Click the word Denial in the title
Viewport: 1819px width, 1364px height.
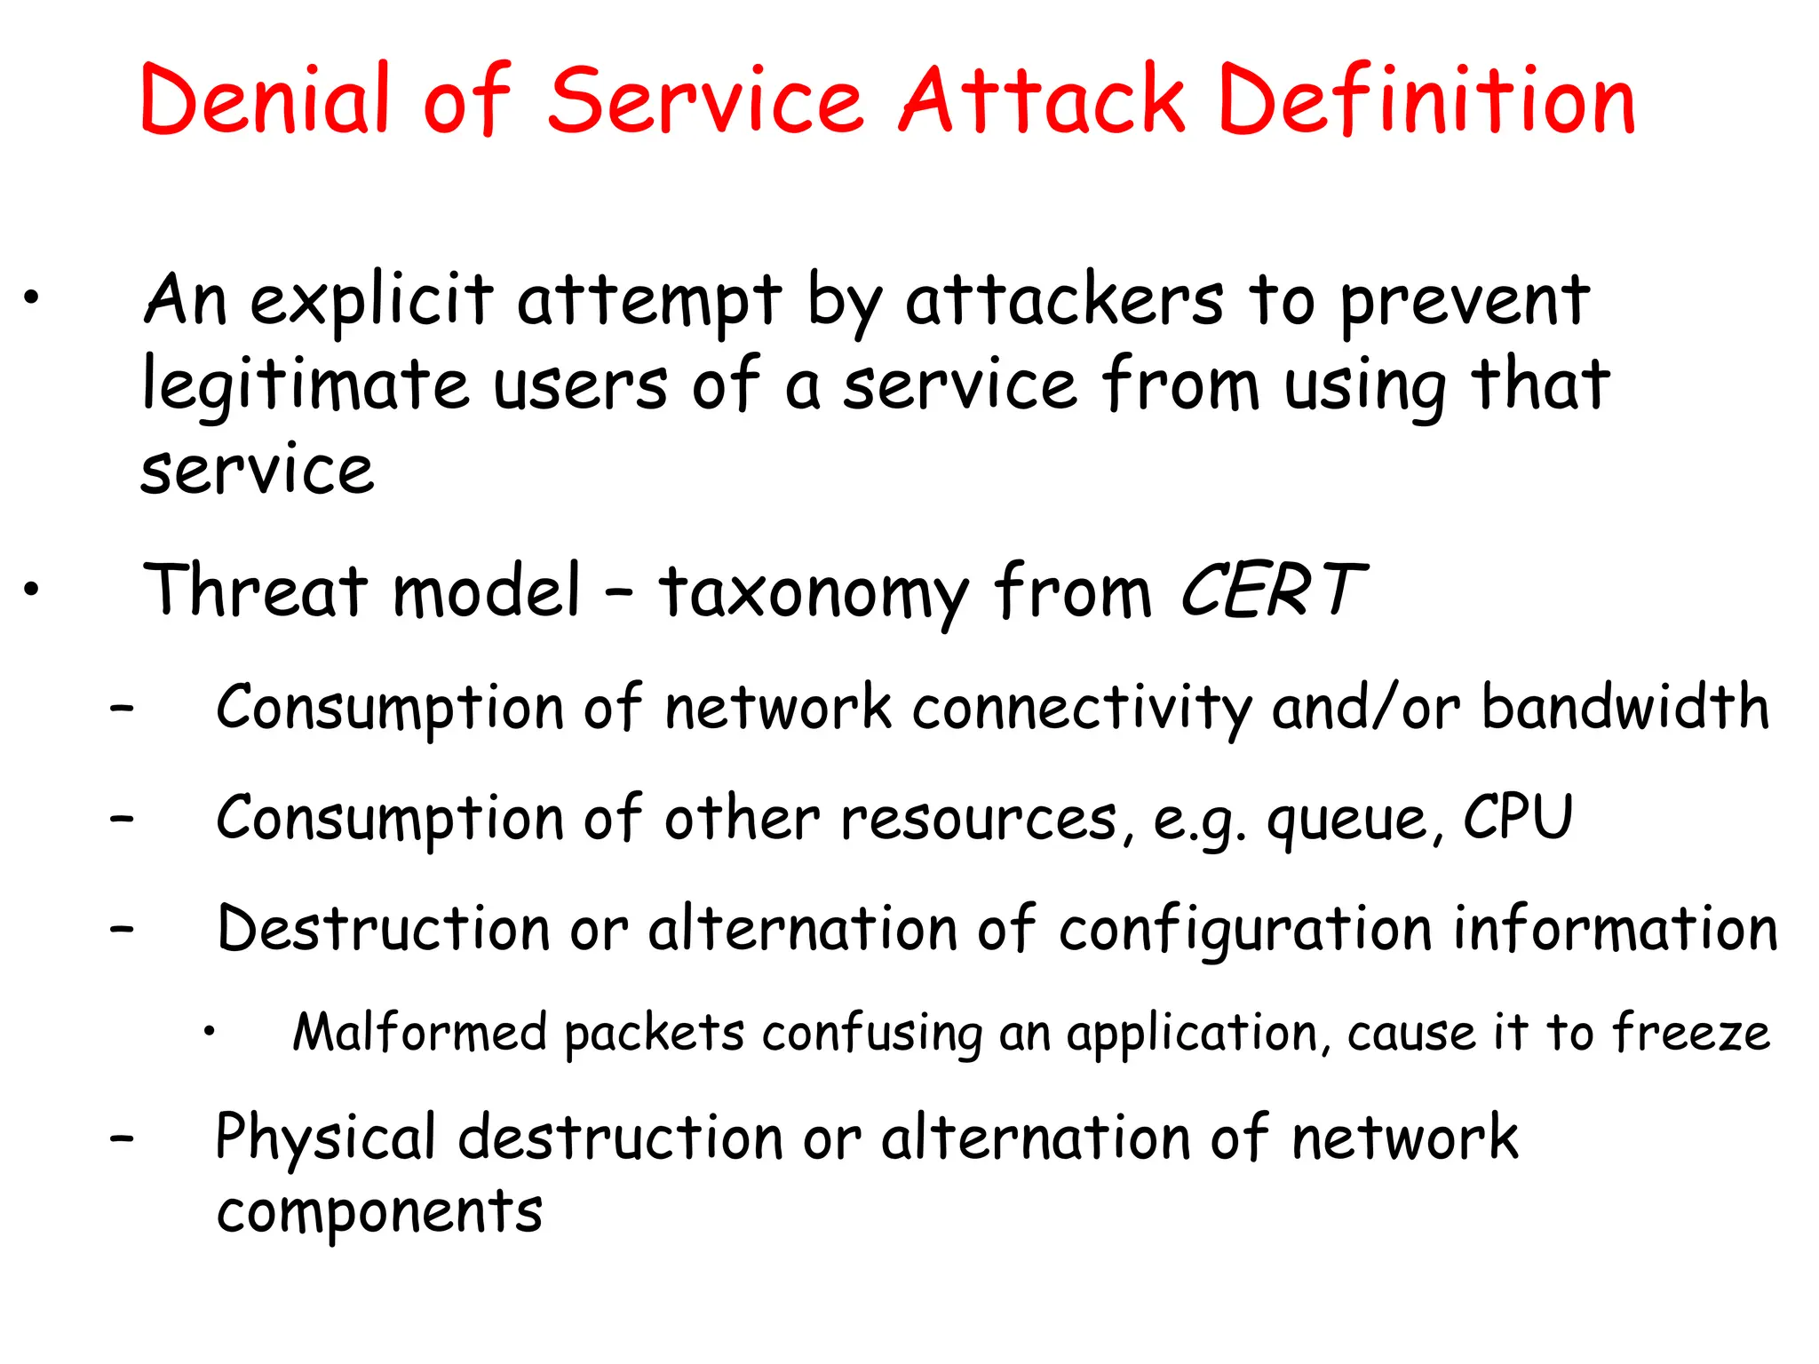coord(266,99)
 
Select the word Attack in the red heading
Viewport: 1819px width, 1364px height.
coord(1042,99)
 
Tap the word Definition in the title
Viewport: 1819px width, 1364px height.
coord(1426,99)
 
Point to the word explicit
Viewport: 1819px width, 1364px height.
coord(370,301)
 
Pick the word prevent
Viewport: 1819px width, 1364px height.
coord(1465,301)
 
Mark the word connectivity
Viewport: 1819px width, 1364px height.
coord(1082,709)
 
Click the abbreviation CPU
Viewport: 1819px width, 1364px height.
coord(1517,817)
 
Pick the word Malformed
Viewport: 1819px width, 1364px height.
coord(419,1032)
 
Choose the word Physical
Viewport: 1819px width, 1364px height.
coord(325,1138)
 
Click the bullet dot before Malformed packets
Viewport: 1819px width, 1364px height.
coord(209,1031)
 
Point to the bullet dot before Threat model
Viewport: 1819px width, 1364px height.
coord(32,588)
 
